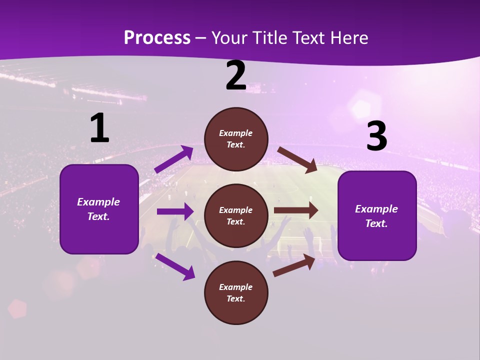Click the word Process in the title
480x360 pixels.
(157, 37)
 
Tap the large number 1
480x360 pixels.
(99, 128)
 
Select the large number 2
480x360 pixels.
(236, 76)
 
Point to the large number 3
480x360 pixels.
(376, 136)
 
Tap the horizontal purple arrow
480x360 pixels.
(175, 211)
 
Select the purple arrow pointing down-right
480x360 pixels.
(175, 266)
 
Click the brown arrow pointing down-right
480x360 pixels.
(297, 160)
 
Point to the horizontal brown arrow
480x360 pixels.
(296, 210)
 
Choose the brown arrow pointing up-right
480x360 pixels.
(294, 265)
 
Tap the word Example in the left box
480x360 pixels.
(98, 202)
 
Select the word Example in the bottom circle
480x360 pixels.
(235, 287)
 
